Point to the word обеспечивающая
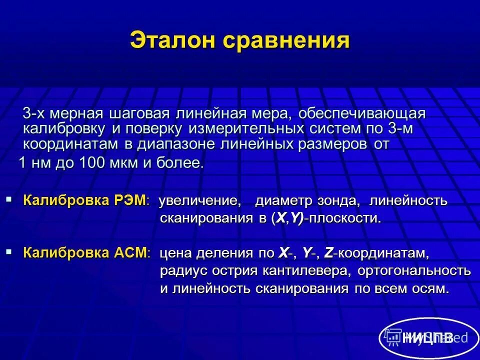click(x=362, y=113)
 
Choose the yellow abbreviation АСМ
click(x=131, y=252)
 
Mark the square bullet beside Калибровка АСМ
click(x=9, y=252)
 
